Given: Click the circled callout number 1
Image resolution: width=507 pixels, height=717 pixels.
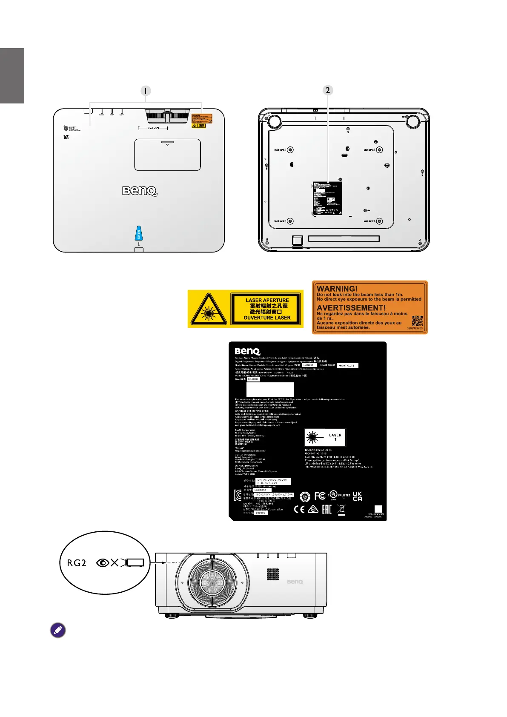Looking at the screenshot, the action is pos(146,91).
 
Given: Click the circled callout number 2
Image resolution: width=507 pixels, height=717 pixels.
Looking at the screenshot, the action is pos(327,90).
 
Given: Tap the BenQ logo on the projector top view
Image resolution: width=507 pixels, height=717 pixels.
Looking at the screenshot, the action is pos(140,191).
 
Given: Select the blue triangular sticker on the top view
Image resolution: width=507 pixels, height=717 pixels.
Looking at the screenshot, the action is pos(138,233).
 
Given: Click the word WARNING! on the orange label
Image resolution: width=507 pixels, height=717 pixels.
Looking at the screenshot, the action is pos(337,288).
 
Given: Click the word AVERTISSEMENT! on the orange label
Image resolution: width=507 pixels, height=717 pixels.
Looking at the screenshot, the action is pos(351,307).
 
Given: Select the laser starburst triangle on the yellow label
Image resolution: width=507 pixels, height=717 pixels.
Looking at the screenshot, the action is pos(208,310).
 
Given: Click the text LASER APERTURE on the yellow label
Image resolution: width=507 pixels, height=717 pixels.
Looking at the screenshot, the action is pos(267,300).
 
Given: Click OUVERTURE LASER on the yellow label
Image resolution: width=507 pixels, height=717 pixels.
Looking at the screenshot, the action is pos(267,318).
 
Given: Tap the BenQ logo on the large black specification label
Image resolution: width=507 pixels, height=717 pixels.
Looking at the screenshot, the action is pos(247,351).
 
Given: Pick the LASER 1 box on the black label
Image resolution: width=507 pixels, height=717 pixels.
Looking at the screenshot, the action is pos(335,437).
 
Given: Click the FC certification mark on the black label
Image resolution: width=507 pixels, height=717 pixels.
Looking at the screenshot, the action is pos(320,496).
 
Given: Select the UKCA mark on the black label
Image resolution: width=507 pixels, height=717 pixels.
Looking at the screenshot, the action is pos(357,496).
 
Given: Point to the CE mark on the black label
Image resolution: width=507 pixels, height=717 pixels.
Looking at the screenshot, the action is pos(299,509).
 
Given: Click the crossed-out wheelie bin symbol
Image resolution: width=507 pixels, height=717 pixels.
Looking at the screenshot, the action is pos(341,509).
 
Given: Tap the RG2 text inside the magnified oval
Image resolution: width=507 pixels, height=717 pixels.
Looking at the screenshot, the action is pos(77,563).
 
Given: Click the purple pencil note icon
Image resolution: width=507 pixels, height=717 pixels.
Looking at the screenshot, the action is pos(58,630).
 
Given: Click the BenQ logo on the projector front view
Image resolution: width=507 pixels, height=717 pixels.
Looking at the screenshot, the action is pos(295,581).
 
